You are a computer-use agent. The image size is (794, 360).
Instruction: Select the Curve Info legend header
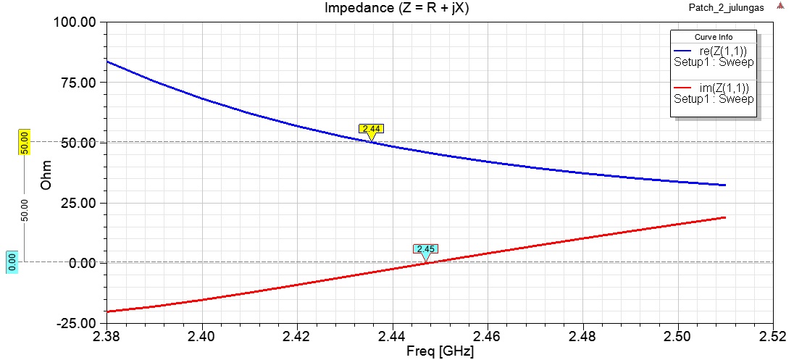714,37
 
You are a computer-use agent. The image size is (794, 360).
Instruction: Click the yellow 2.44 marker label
371,128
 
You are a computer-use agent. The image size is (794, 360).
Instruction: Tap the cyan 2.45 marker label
425,249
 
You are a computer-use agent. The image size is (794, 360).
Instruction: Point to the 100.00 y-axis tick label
75,22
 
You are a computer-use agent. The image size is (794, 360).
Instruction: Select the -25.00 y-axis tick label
77,323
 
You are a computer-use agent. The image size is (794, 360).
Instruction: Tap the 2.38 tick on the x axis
106,336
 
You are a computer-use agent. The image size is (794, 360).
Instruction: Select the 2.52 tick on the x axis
774,336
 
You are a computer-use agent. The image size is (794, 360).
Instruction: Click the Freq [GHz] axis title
440,351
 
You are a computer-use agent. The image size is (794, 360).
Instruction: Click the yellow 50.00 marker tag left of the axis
23,142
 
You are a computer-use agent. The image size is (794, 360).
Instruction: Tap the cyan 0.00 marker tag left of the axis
12,262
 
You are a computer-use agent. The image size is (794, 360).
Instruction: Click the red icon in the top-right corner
780,6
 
